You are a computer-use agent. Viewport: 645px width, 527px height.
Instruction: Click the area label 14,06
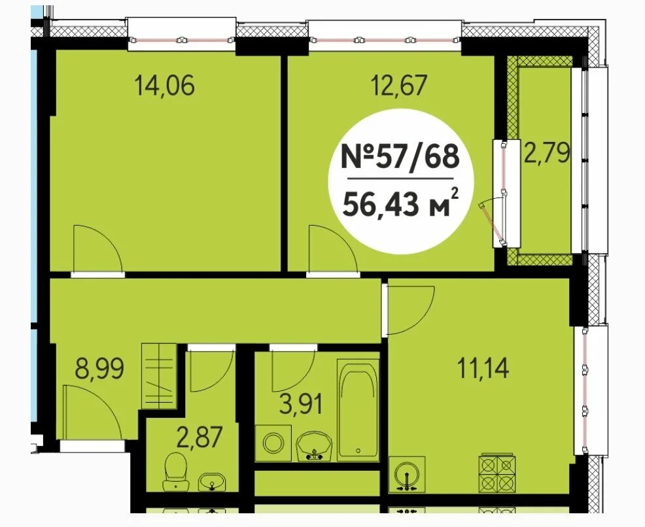[x=165, y=86]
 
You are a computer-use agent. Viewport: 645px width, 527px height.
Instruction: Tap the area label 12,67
[x=399, y=86]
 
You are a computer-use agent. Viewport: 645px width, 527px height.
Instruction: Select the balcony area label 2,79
[x=546, y=152]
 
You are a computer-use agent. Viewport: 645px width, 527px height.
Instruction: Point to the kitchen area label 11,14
[x=483, y=368]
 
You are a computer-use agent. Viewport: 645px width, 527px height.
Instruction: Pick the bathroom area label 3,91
[x=301, y=404]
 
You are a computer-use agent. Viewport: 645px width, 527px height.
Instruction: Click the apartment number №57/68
[x=400, y=157]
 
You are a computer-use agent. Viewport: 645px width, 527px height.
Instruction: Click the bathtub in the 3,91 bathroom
[x=358, y=410]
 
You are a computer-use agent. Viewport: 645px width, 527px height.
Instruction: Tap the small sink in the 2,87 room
[x=212, y=482]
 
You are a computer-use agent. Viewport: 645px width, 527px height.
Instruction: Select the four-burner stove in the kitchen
[x=497, y=472]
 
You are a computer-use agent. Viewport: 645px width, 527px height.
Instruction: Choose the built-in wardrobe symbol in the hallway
[x=159, y=376]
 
